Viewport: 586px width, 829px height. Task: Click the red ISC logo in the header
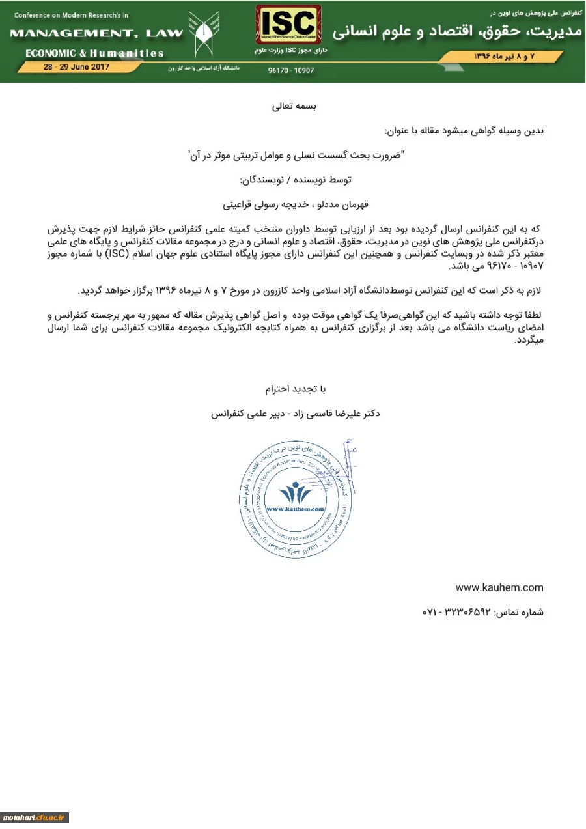click(x=288, y=24)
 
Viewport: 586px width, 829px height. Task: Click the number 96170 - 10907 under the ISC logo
click(x=290, y=70)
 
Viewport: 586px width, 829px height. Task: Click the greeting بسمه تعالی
click(x=293, y=105)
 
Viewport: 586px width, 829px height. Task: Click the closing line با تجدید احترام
click(x=294, y=389)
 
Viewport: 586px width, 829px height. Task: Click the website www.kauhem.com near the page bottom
click(x=499, y=587)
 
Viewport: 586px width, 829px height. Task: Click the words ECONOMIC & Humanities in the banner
click(x=95, y=53)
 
